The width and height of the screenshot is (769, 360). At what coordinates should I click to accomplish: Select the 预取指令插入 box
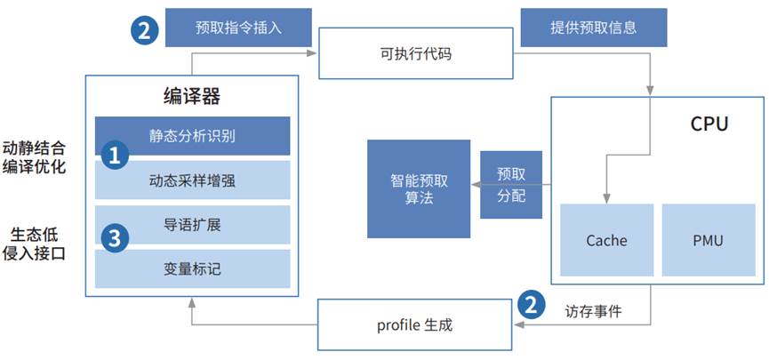[239, 27]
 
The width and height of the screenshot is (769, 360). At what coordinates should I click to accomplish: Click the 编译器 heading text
[192, 96]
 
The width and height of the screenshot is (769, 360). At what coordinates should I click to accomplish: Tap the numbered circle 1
[113, 156]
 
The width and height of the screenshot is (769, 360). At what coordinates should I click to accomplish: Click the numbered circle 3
[113, 238]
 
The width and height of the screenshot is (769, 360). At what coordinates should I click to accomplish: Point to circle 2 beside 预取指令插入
[144, 30]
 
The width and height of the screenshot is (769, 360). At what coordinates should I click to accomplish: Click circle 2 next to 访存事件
[531, 305]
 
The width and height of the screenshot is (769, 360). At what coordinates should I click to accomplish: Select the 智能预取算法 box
[419, 188]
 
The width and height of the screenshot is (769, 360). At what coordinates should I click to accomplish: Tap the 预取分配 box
[511, 184]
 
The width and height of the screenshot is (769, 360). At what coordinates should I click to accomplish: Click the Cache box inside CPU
[606, 240]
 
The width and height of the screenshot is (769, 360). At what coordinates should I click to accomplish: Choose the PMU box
[708, 240]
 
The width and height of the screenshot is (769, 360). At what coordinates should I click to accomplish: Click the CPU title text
[709, 124]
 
